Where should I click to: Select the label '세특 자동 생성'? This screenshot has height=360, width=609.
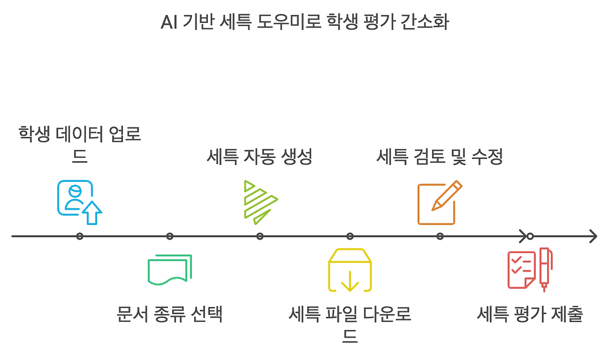(x=259, y=157)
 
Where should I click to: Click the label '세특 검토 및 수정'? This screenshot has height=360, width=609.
(x=440, y=157)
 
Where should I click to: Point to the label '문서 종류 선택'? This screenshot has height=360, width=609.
(x=170, y=315)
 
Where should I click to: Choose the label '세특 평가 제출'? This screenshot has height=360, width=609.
(x=530, y=315)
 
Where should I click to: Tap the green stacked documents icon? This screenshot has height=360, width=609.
(x=170, y=269)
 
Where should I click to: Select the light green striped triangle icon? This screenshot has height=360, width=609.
(x=260, y=202)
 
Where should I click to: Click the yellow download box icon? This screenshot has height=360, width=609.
(x=350, y=270)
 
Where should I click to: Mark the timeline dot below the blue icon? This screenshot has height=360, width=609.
(x=79, y=236)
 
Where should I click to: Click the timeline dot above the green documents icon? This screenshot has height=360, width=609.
(x=170, y=236)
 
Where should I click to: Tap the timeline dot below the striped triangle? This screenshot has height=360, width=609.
(x=260, y=236)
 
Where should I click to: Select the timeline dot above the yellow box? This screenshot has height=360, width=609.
(x=350, y=236)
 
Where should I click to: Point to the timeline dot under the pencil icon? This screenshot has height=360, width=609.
(x=440, y=236)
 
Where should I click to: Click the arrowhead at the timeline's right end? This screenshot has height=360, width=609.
(x=593, y=236)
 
